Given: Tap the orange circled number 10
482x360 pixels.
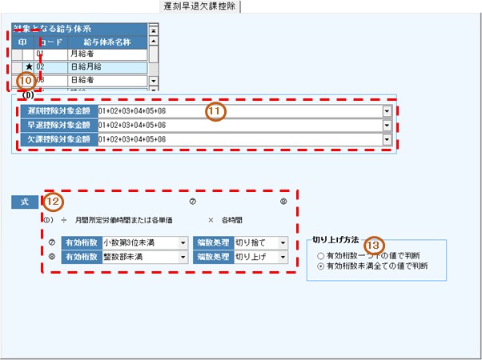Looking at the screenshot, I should (27, 81).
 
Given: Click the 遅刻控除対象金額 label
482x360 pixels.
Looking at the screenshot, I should (58, 110).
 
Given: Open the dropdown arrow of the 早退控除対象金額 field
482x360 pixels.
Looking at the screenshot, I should (388, 126).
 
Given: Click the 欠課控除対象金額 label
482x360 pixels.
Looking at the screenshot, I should (58, 139).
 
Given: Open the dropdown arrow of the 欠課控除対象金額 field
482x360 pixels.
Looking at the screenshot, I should (388, 140).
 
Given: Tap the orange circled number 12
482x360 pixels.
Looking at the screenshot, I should (53, 202).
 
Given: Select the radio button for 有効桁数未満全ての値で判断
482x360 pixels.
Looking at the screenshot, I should (321, 266).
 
